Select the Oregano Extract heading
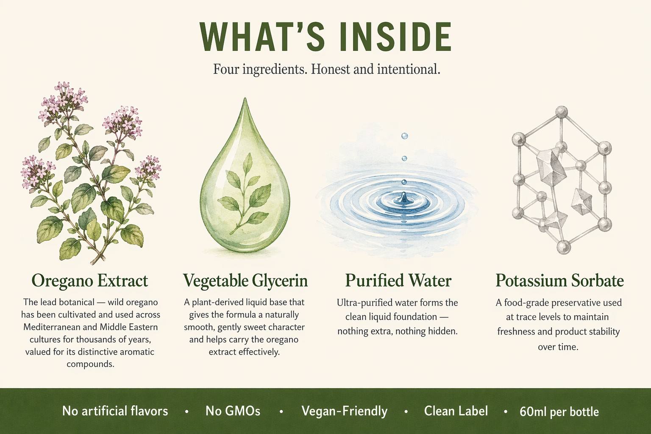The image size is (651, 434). [x=90, y=281]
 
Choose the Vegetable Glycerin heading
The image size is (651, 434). [x=245, y=281]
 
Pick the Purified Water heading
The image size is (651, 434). [x=398, y=281]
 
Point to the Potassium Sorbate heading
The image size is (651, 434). [x=559, y=281]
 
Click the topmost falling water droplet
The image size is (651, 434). [x=404, y=136]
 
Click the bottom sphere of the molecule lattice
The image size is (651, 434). [x=564, y=247]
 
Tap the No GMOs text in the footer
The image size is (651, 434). [x=233, y=411]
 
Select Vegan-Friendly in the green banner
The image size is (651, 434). [x=345, y=411]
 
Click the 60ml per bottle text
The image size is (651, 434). [x=559, y=412]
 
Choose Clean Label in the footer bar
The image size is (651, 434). [x=456, y=411]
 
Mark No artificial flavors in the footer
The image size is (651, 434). [x=115, y=411]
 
